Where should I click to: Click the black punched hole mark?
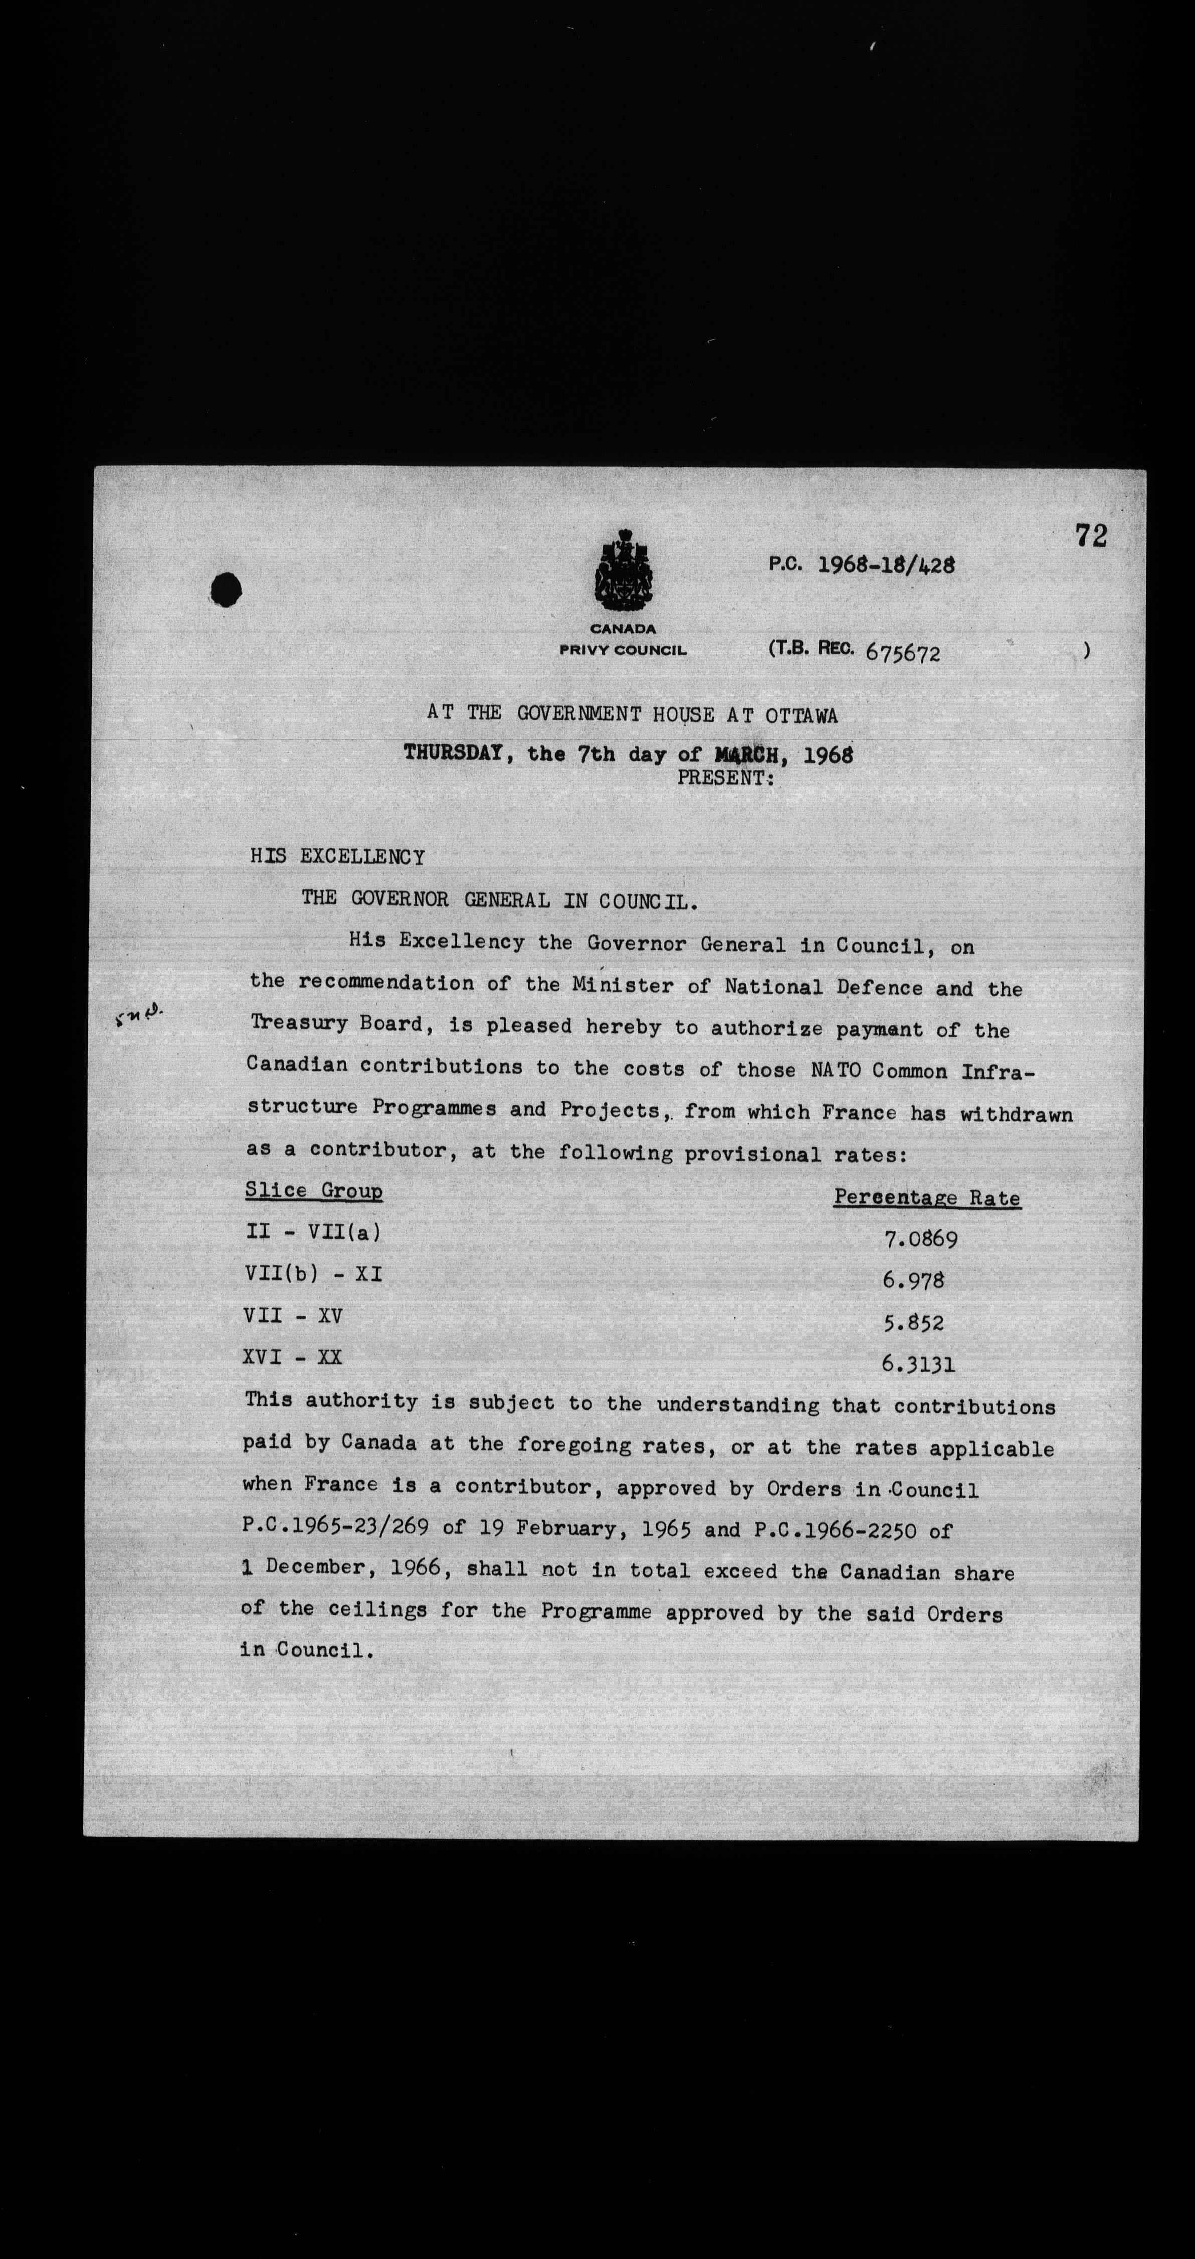coord(226,588)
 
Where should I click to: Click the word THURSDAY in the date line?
coord(452,752)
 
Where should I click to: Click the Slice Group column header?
coord(314,1191)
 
